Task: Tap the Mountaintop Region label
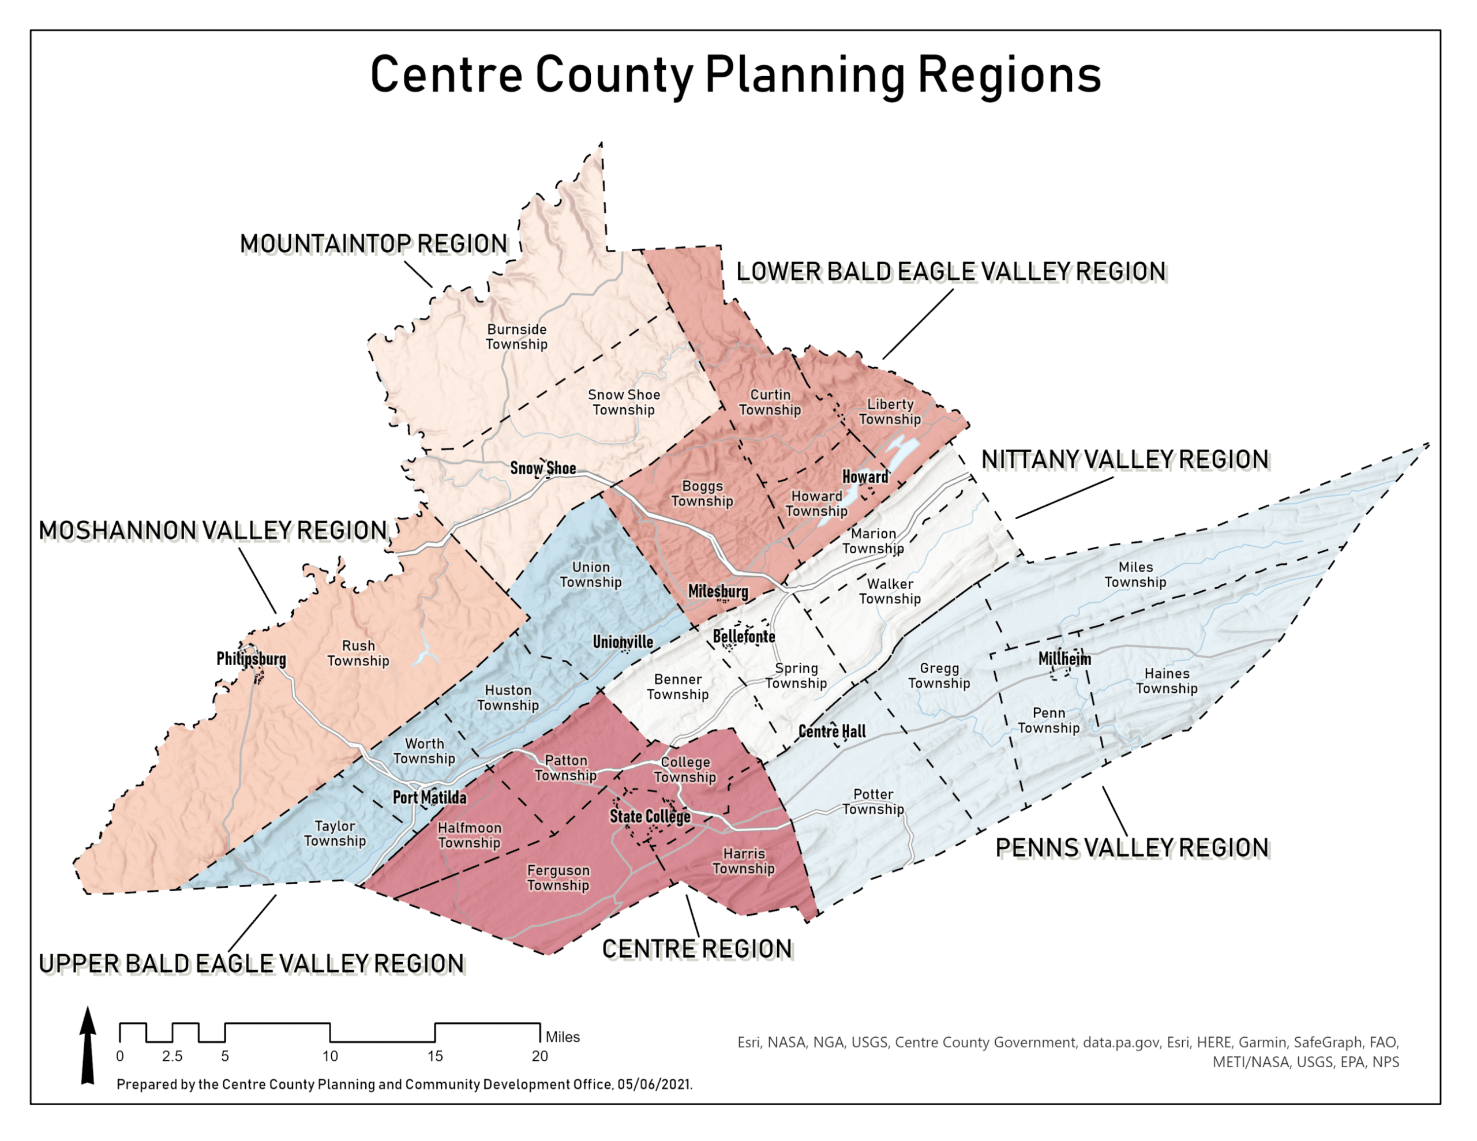tap(373, 244)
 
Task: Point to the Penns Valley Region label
tap(1132, 848)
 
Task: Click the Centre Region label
tap(697, 949)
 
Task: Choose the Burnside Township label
tap(517, 337)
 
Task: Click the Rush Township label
tap(358, 654)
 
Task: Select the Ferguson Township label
tap(558, 878)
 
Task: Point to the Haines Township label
tap(1167, 681)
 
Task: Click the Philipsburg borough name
tap(251, 659)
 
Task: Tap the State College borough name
tap(650, 817)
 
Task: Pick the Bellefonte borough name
tap(744, 637)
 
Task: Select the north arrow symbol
tap(88, 1046)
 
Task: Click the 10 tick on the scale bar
tap(330, 1056)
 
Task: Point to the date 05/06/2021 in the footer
tap(654, 1085)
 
